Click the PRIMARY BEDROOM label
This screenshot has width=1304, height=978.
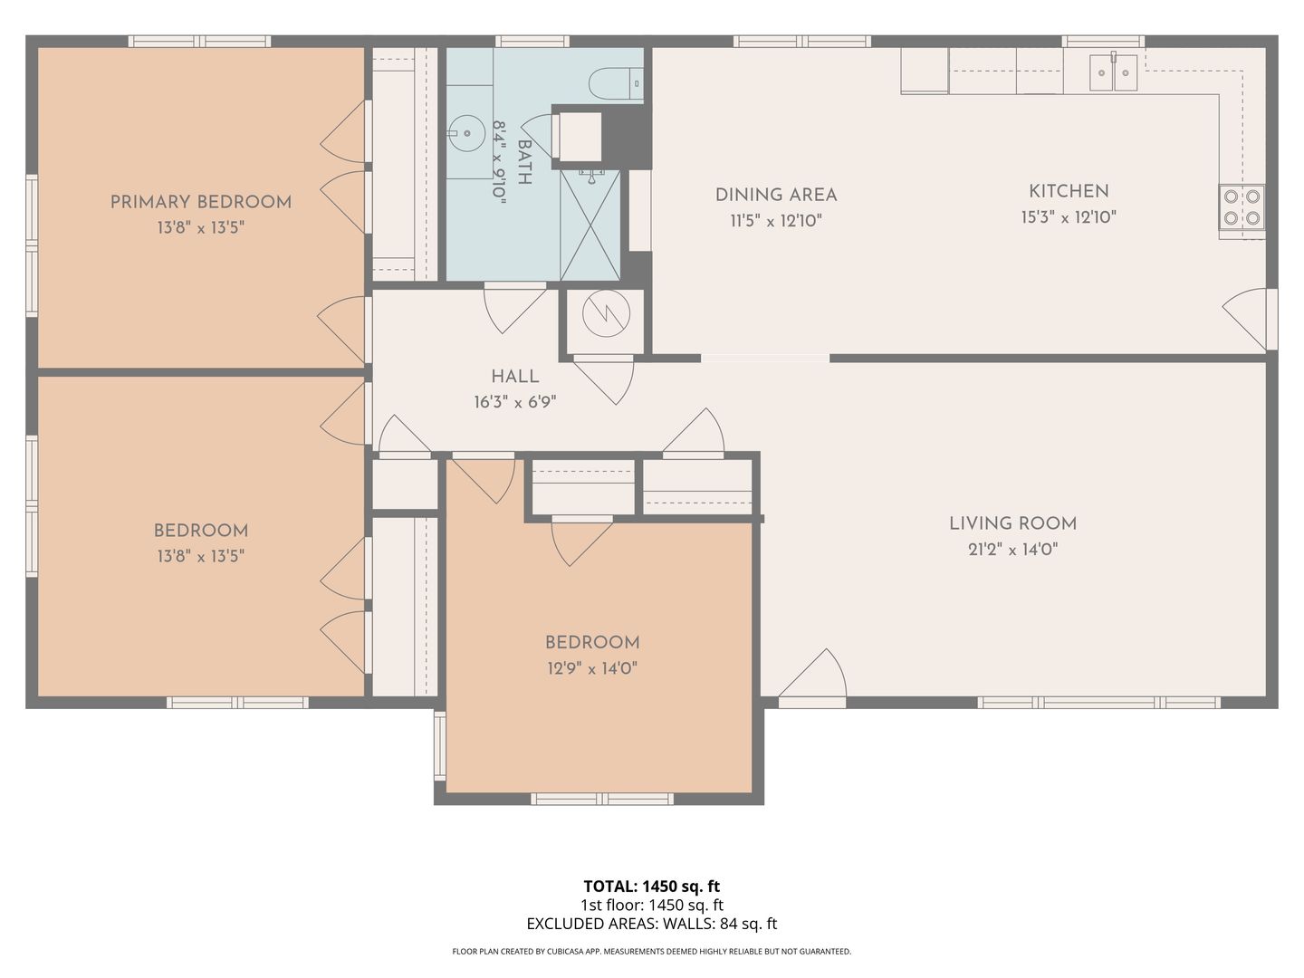pos(201,202)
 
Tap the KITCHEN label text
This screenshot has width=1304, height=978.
pos(1069,191)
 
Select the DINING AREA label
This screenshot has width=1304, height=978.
pos(776,195)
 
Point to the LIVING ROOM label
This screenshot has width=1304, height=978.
pos(1013,523)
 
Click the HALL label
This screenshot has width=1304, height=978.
pos(515,377)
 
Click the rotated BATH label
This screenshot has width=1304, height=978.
pos(524,162)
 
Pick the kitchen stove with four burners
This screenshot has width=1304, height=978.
pos(1242,207)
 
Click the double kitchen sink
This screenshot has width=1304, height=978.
pos(1113,72)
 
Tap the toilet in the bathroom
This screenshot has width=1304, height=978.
pos(616,83)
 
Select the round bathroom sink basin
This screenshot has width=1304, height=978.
pos(467,133)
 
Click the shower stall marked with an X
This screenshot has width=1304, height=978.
pos(590,225)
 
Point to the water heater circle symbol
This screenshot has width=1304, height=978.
pos(606,313)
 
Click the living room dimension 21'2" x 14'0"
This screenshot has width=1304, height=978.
pos(1013,550)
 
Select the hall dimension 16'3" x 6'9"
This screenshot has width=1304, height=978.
pos(515,403)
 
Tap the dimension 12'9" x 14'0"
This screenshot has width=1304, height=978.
pos(592,668)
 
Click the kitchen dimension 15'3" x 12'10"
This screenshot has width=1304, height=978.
pos(1069,217)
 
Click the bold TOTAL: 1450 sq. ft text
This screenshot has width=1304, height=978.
pos(652,887)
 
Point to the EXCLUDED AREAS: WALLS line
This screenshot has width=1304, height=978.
pos(652,924)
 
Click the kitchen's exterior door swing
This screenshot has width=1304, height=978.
pos(1244,318)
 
